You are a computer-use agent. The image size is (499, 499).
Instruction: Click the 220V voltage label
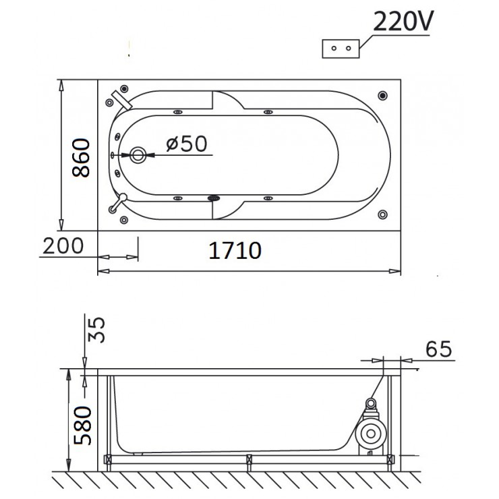coord(403,22)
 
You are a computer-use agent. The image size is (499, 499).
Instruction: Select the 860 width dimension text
coord(81,158)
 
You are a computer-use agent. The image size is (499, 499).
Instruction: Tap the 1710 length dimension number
coord(235,250)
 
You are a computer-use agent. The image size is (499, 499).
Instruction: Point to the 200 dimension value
coord(63,245)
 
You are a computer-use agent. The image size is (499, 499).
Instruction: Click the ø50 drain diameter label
coord(187,144)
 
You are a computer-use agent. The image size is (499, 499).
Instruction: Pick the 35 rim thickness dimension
coord(96,329)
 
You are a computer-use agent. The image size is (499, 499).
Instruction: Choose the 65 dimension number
coord(438,349)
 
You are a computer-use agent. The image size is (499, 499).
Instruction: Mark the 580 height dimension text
coord(82,425)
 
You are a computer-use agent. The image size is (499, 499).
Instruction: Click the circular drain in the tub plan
coord(138,155)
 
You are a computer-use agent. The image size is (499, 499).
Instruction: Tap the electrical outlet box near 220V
coord(341,49)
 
